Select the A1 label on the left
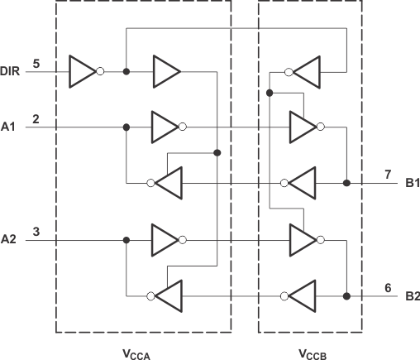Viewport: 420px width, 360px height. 8,127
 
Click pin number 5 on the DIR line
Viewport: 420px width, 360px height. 36,63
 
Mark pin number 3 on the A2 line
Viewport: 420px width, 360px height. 36,231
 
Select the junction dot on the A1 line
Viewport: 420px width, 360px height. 126,127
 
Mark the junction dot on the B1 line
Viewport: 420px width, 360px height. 347,183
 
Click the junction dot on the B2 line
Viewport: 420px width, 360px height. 347,295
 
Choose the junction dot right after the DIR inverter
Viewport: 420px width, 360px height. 126,72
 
